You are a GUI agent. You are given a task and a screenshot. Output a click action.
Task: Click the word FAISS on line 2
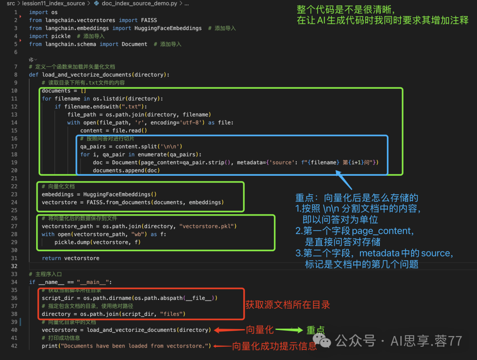point(149,20)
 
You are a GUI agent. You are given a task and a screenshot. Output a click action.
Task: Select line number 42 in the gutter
point(14,346)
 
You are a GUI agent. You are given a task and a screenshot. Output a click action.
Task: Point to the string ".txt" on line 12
point(132,106)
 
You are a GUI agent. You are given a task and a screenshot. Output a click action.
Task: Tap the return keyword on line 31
point(51,258)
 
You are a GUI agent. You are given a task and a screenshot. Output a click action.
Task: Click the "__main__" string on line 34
point(93,282)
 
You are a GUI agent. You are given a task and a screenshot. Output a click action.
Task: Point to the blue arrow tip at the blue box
point(337,171)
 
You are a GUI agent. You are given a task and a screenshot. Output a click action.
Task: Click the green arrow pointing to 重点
point(289,330)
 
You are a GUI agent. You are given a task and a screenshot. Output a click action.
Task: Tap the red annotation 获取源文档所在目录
point(288,305)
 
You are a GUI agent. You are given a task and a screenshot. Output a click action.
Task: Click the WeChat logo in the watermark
point(322,341)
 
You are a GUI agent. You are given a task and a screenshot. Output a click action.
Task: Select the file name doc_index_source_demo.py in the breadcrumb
point(139,4)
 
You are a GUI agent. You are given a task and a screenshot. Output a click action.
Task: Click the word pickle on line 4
point(61,36)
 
